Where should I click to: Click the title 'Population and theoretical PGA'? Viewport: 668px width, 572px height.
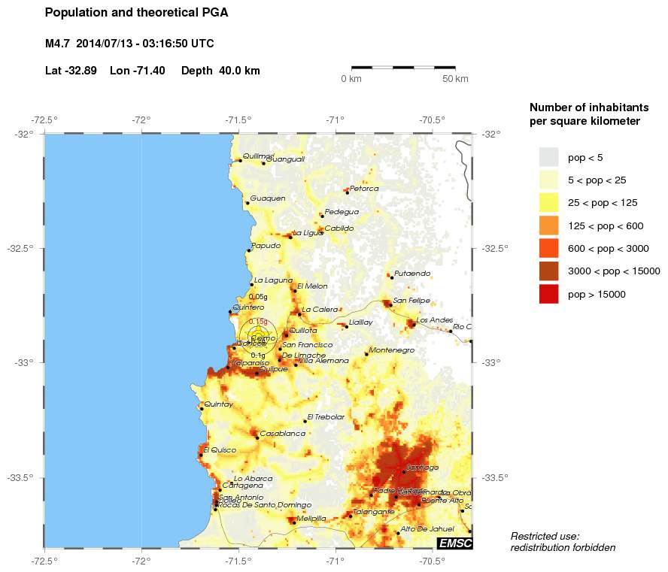[x=136, y=13]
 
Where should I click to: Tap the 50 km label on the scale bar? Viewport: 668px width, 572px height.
[x=455, y=79]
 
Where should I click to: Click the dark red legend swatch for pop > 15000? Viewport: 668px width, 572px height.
[x=549, y=294]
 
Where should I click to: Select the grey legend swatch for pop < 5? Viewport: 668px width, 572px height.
[x=549, y=157]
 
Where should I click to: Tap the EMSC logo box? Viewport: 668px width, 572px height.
[x=454, y=543]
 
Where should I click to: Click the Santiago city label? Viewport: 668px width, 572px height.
[x=422, y=468]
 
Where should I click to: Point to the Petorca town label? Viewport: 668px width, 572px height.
[x=364, y=188]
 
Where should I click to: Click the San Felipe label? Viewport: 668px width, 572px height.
[x=411, y=301]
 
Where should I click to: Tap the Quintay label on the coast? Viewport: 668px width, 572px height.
[x=219, y=404]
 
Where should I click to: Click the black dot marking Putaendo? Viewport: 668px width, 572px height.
[x=392, y=277]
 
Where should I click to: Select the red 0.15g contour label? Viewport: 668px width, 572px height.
[x=258, y=321]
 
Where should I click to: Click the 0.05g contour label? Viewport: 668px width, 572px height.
[x=258, y=297]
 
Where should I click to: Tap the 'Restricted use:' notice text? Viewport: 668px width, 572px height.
[x=545, y=536]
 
